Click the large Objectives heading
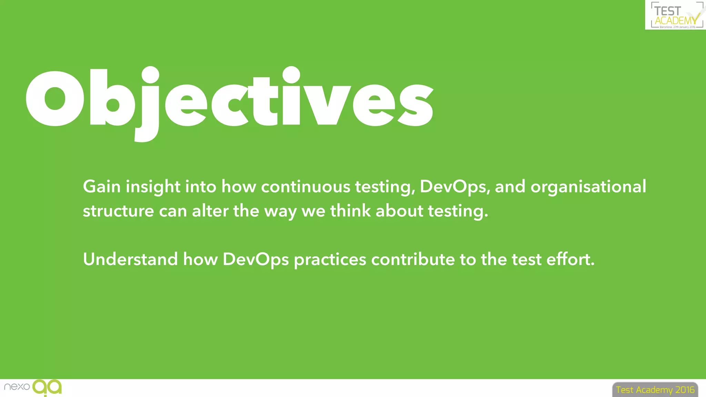pyautogui.click(x=229, y=100)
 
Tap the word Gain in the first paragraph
pyautogui.click(x=102, y=187)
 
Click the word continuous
pyautogui.click(x=305, y=187)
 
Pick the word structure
pyautogui.click(x=118, y=211)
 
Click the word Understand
pyautogui.click(x=130, y=259)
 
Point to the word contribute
pyautogui.click(x=413, y=259)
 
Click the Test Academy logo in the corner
pyautogui.click(x=675, y=15)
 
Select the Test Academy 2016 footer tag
pyautogui.click(x=655, y=390)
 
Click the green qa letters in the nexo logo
pyautogui.click(x=47, y=387)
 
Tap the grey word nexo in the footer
pyautogui.click(x=17, y=387)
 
